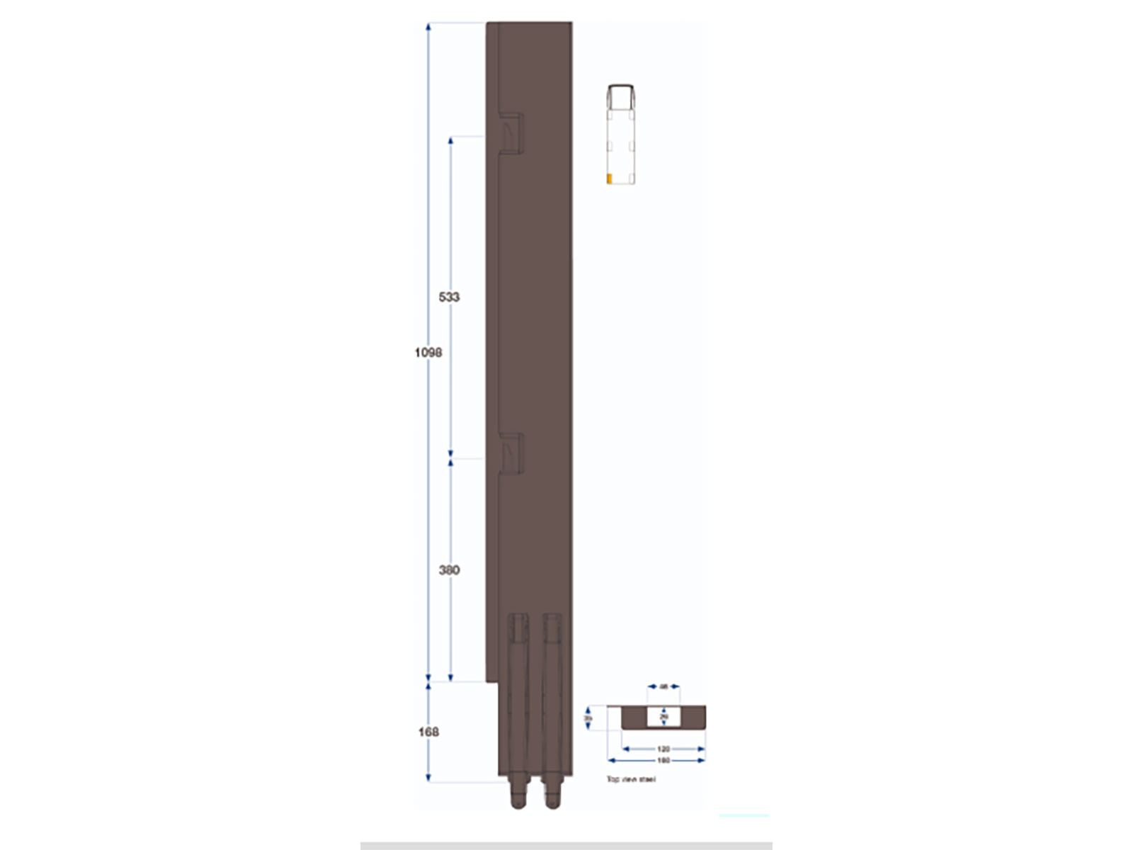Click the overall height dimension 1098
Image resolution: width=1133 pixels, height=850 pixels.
tap(428, 352)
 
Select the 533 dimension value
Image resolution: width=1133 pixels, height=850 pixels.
tap(449, 297)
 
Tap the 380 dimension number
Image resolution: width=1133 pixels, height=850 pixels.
tap(449, 569)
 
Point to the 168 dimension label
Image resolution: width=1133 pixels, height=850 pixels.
tap(428, 732)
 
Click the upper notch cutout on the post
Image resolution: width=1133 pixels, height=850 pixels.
tap(511, 132)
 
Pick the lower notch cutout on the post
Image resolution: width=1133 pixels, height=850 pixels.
tap(511, 453)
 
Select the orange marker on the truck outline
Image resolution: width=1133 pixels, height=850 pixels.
tap(609, 178)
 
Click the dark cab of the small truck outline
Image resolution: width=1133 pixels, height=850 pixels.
tap(621, 96)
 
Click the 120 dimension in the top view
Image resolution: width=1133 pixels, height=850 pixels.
tap(664, 749)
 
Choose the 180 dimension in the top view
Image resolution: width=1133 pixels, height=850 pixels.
tap(664, 761)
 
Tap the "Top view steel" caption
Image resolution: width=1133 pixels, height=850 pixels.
tap(631, 779)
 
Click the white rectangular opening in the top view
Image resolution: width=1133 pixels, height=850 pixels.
tap(664, 718)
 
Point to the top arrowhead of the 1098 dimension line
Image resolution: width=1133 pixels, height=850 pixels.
tap(428, 27)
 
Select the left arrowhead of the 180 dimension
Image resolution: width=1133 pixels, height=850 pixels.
tap(611, 761)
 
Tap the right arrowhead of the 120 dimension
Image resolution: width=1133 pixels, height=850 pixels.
tap(701, 749)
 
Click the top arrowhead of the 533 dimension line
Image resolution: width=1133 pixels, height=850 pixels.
tap(450, 141)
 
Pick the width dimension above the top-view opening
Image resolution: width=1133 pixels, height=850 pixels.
tap(664, 686)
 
